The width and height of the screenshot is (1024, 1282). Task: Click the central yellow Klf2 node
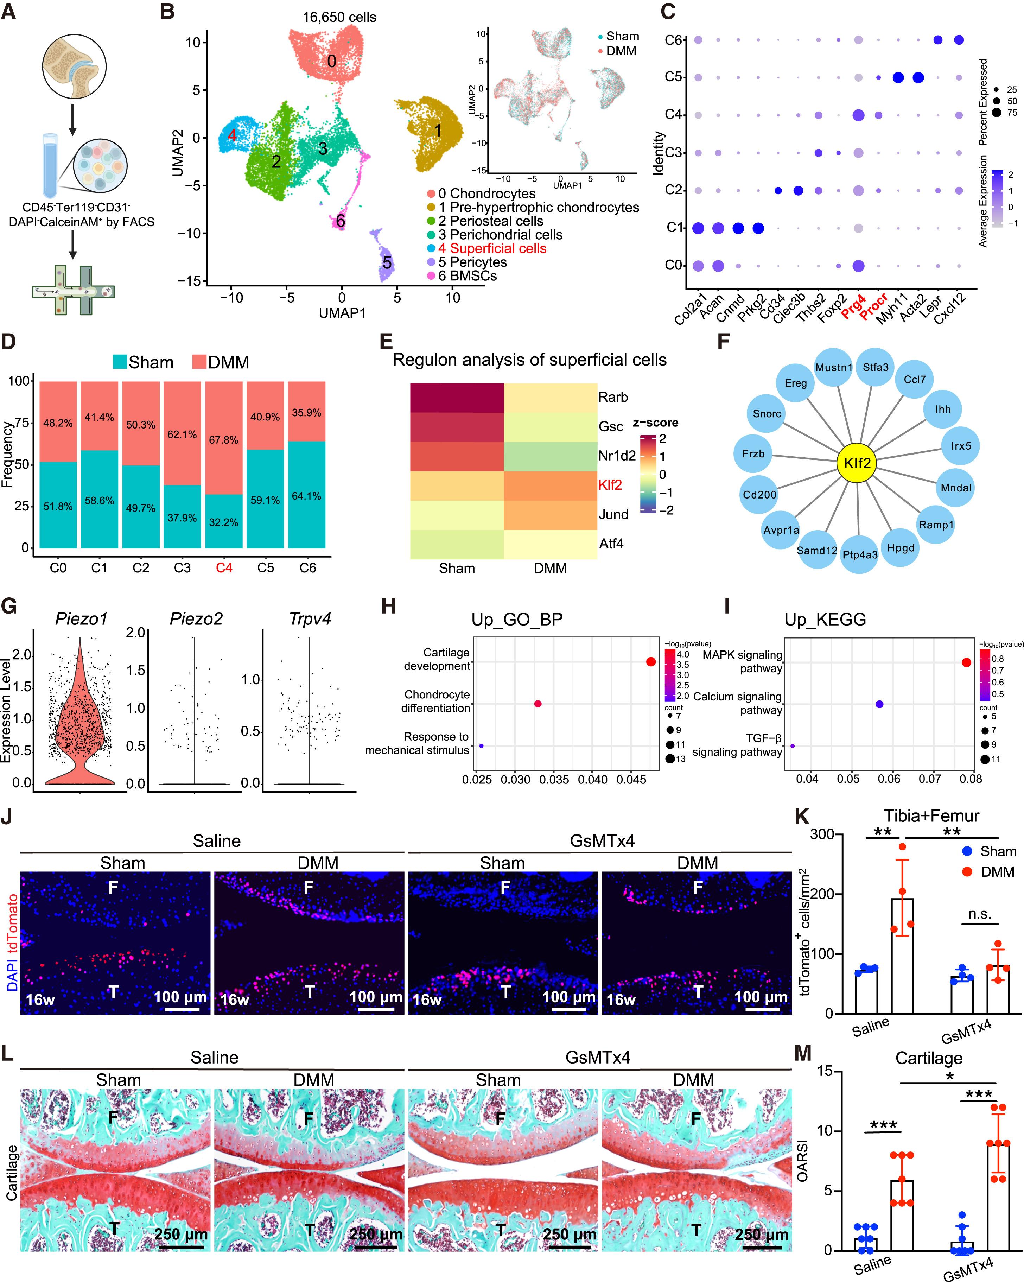coord(857,463)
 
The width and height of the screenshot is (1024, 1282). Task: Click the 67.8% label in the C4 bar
coord(224,440)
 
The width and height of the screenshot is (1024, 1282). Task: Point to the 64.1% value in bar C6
coord(306,496)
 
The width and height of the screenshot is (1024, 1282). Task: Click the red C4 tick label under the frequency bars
coord(224,568)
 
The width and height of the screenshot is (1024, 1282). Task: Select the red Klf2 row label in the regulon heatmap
coord(610,485)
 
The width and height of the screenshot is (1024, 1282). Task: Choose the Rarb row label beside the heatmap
coord(613,397)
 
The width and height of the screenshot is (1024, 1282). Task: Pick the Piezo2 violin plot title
coord(196,619)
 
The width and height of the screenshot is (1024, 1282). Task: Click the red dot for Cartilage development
coord(650,662)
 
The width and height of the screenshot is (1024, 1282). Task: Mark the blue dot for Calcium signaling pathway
coord(879,704)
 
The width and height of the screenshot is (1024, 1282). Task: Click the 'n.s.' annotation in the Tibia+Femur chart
coord(979,914)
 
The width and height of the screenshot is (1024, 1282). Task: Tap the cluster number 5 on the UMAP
coord(387,263)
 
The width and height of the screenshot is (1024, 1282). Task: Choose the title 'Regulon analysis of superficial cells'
coord(529,360)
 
